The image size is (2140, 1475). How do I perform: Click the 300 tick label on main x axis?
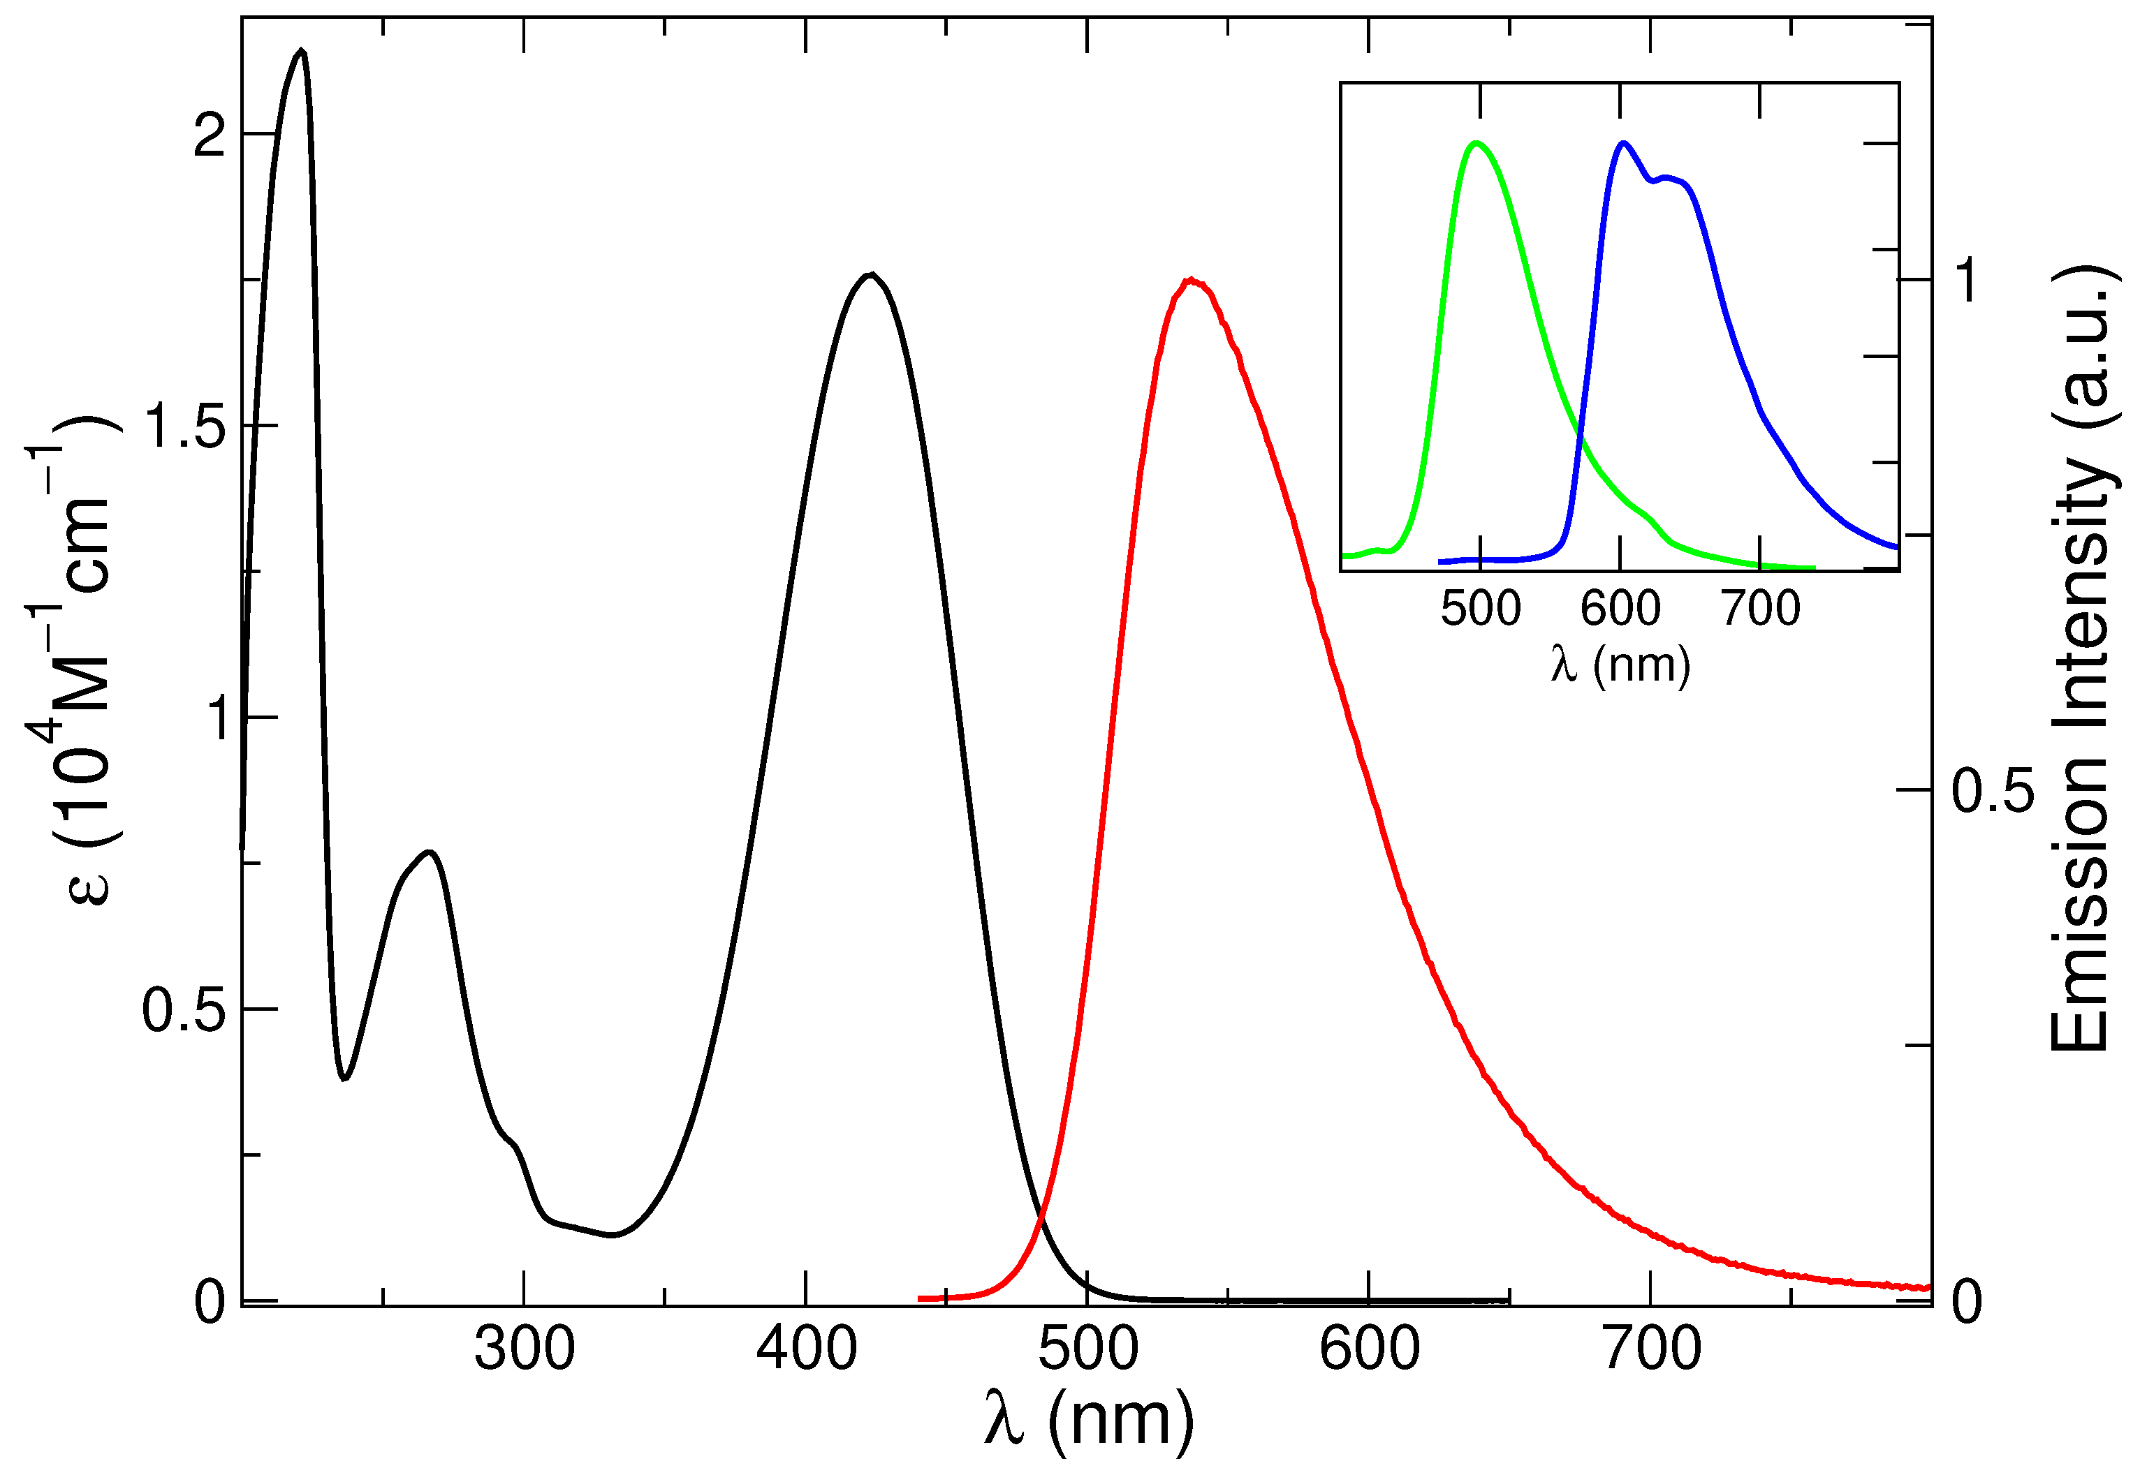pyautogui.click(x=524, y=1349)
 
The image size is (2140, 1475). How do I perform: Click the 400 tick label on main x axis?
pyautogui.click(x=806, y=1349)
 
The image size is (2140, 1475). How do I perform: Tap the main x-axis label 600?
pyautogui.click(x=1369, y=1349)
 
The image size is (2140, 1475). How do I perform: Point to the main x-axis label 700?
pyautogui.click(x=1652, y=1349)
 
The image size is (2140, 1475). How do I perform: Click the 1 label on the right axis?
pyautogui.click(x=1967, y=279)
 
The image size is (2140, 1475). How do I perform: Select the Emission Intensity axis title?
pyautogui.click(x=2082, y=659)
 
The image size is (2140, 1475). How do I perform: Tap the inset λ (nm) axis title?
pyautogui.click(x=1620, y=664)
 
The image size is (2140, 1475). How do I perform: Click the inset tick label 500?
pyautogui.click(x=1480, y=609)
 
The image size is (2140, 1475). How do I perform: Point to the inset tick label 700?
pyautogui.click(x=1760, y=609)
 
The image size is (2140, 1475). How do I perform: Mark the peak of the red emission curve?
pyautogui.click(x=1192, y=280)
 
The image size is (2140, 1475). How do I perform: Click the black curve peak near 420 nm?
pyautogui.click(x=870, y=274)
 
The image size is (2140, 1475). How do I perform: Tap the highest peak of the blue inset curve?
pyautogui.click(x=1623, y=143)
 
